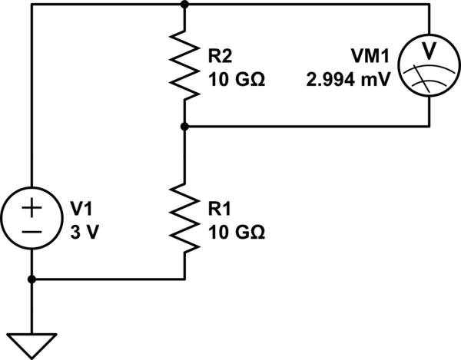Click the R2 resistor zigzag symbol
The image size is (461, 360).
pos(184,64)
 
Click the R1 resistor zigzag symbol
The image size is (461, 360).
pos(184,217)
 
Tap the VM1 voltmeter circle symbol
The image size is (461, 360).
pos(429,64)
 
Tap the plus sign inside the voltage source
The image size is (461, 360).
pos(32,207)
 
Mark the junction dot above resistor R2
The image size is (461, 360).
pos(184,4)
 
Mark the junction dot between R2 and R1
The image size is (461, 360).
pos(184,126)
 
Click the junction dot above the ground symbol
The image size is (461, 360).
pos(32,279)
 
